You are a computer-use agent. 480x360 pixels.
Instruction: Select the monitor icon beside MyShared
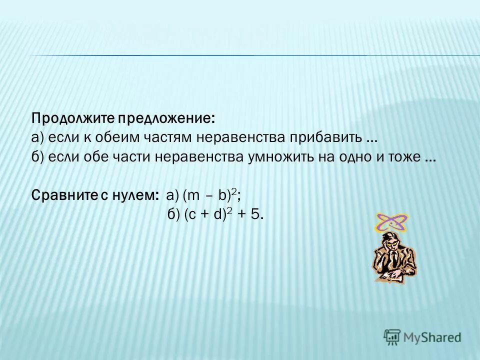[392, 337]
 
